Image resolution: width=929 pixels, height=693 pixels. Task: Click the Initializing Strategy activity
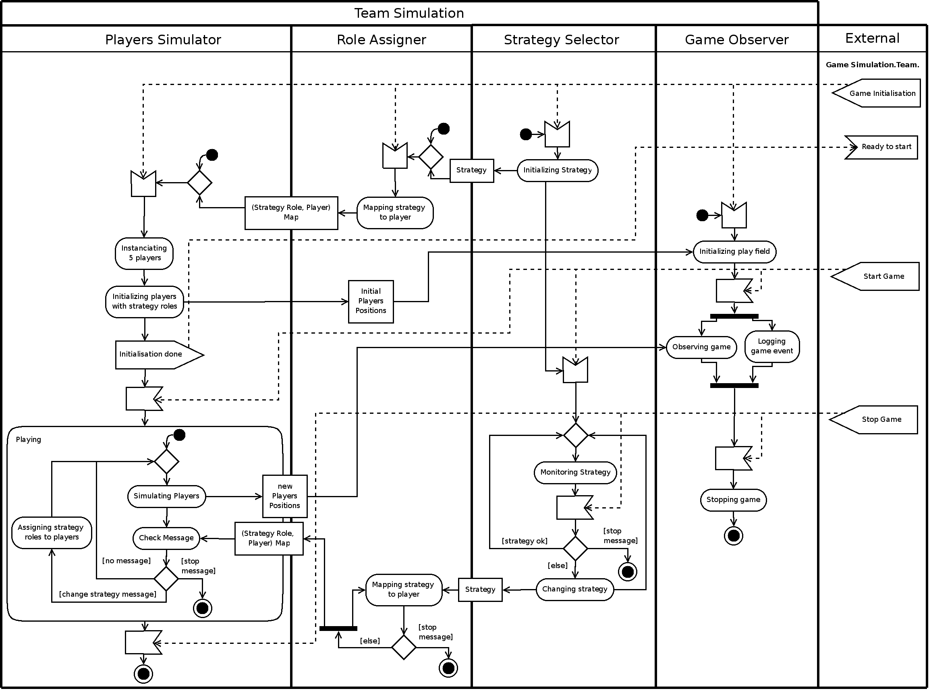pos(558,170)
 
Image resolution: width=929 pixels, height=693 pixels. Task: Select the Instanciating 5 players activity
pos(144,253)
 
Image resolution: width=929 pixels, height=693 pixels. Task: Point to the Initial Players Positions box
pos(371,301)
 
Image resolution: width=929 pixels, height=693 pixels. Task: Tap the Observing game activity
pos(701,347)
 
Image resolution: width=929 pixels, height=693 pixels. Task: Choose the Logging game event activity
pos(772,346)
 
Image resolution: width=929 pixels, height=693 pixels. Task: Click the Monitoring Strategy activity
pos(575,473)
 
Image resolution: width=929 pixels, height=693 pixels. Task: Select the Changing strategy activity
pos(574,589)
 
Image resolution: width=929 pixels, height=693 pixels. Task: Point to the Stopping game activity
pos(733,500)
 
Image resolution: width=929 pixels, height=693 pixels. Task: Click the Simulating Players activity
pos(166,496)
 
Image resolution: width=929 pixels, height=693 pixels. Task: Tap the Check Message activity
pos(166,538)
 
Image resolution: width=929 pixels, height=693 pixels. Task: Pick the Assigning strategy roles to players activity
pos(52,532)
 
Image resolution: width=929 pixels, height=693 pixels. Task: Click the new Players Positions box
pos(285,496)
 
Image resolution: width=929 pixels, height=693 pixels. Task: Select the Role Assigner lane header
pos(381,39)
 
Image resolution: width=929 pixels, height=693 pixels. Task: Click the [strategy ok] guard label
pos(524,541)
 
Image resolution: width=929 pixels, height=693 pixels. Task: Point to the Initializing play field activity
pos(734,252)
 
